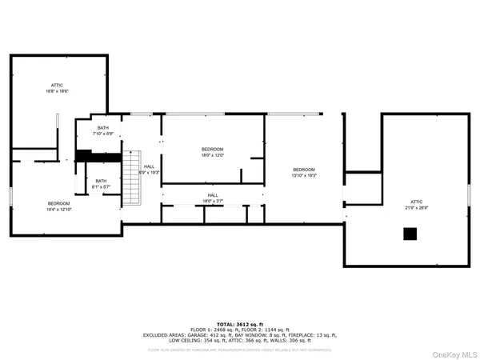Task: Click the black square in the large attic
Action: click(x=410, y=234)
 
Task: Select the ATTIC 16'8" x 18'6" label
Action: click(x=57, y=88)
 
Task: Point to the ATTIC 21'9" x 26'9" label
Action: click(x=416, y=204)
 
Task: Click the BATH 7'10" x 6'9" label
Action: click(x=103, y=130)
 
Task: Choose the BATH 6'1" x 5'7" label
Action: click(x=101, y=183)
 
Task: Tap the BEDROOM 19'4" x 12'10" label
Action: click(x=59, y=206)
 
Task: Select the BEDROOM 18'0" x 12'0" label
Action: click(x=212, y=152)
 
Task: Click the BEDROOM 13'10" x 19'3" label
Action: click(x=304, y=172)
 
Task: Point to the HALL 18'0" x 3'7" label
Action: click(x=212, y=198)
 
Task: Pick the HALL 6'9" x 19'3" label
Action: click(x=150, y=169)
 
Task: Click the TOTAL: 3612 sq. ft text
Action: click(x=239, y=323)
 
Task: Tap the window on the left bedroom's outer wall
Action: click(x=10, y=197)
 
